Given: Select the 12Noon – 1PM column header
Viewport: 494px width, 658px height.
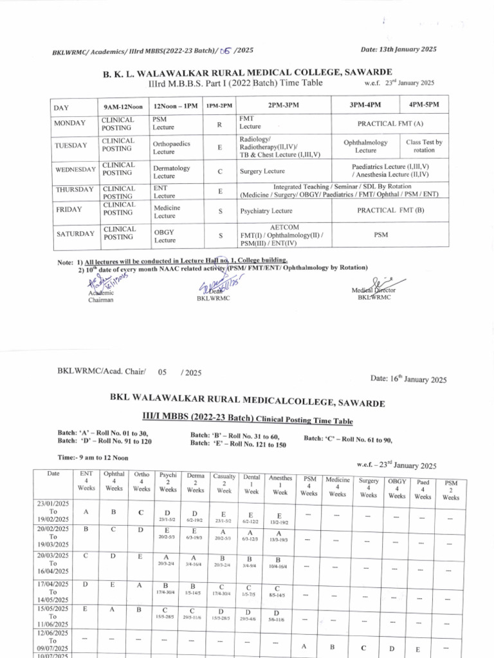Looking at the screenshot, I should click(176, 105).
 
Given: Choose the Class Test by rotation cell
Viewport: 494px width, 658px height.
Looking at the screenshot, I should click(424, 146).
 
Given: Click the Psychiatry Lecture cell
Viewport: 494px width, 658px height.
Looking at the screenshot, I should click(266, 211).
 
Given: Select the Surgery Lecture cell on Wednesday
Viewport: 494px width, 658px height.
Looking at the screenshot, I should click(262, 172).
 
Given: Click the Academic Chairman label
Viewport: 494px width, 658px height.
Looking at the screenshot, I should click(100, 296).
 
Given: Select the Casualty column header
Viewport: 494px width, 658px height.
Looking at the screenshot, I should click(224, 483).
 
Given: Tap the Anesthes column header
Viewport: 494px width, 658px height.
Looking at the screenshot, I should click(280, 485).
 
